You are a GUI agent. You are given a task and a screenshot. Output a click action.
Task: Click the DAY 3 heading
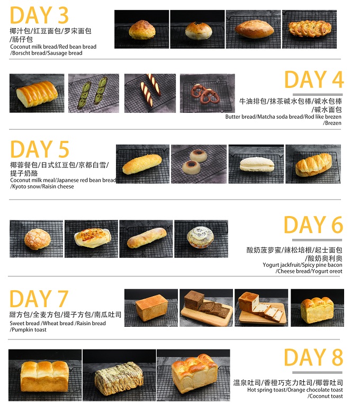coord(39,16)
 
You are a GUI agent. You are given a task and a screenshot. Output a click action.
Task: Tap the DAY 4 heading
coord(314,80)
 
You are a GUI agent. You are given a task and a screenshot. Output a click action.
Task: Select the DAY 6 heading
coord(313,226)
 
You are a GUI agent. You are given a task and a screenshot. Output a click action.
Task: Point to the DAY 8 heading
coord(313,358)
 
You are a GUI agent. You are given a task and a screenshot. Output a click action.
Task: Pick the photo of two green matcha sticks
coord(94,93)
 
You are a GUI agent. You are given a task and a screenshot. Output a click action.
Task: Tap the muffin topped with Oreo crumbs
coord(201,239)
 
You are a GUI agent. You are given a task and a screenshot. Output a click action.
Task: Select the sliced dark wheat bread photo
coord(206,308)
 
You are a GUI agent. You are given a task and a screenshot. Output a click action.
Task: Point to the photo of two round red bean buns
coord(198,164)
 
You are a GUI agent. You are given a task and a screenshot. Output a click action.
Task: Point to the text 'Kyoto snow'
coord(23,186)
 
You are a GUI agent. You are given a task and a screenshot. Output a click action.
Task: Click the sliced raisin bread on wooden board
coord(262,308)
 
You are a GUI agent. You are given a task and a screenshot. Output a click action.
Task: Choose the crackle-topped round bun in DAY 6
coord(36,239)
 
